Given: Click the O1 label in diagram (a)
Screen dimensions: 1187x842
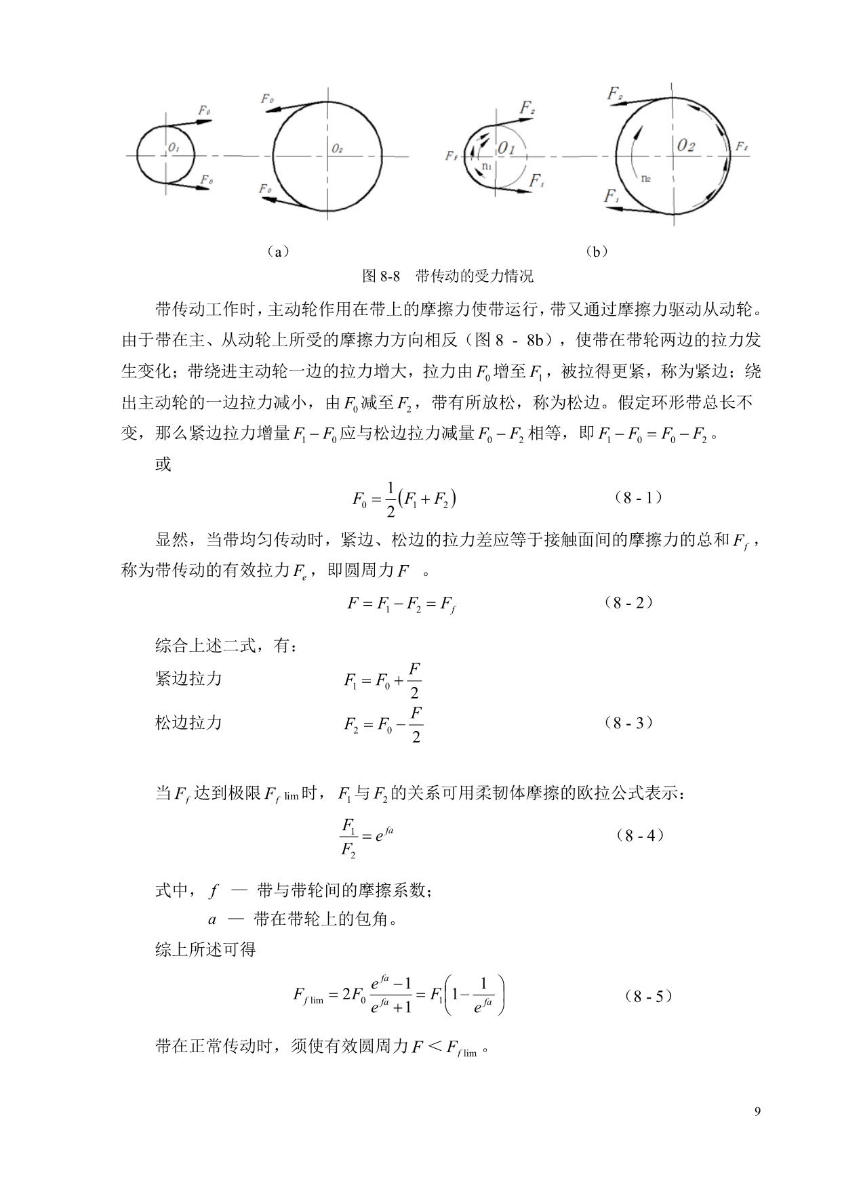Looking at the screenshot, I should click(174, 147).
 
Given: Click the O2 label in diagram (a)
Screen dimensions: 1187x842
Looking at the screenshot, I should click(338, 147).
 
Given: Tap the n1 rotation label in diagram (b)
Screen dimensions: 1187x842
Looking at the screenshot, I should click(485, 165).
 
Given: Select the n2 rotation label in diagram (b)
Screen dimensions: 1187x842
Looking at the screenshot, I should click(646, 178).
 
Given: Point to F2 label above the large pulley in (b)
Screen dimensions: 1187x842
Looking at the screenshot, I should click(615, 94).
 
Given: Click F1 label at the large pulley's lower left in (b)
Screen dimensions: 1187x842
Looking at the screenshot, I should click(612, 196).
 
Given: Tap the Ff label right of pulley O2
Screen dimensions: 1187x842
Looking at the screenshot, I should click(741, 147).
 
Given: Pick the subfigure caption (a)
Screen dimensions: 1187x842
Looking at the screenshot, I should click(277, 252).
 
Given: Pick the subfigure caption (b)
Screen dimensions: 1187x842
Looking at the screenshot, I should click(596, 252).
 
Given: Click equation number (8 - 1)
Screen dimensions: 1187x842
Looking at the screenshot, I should click(638, 498).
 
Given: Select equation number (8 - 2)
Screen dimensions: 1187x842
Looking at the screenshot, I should click(628, 602).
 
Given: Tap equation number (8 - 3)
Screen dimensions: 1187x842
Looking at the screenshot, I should click(628, 723).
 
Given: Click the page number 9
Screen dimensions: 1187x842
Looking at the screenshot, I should click(757, 1112).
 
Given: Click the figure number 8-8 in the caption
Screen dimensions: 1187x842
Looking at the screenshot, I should click(392, 276).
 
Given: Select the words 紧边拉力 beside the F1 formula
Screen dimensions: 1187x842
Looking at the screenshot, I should click(188, 679).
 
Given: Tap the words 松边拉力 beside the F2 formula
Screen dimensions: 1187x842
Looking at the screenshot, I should click(188, 723).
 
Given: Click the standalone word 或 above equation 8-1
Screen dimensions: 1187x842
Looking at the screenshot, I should click(163, 465).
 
